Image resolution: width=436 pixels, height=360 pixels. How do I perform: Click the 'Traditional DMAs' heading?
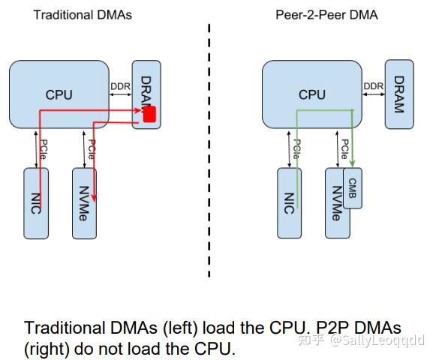point(83,15)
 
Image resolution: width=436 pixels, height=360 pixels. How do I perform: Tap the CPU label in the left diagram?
point(59,94)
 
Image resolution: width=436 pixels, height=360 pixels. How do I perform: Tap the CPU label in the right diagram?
point(312,94)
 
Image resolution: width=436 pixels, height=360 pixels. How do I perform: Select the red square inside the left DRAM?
point(149,115)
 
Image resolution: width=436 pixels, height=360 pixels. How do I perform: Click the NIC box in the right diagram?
point(289,202)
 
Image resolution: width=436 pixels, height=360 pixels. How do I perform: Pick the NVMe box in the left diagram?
point(83,202)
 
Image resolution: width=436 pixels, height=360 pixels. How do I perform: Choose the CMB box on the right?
point(353,188)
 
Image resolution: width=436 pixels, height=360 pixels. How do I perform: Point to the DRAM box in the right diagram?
point(399,94)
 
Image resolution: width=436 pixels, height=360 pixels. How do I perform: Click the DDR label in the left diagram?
point(120,86)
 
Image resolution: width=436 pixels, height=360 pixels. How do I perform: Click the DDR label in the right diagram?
point(374,86)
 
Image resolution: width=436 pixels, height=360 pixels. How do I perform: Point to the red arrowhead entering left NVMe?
point(95,199)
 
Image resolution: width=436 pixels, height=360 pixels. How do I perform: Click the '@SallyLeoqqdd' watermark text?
point(383,340)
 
